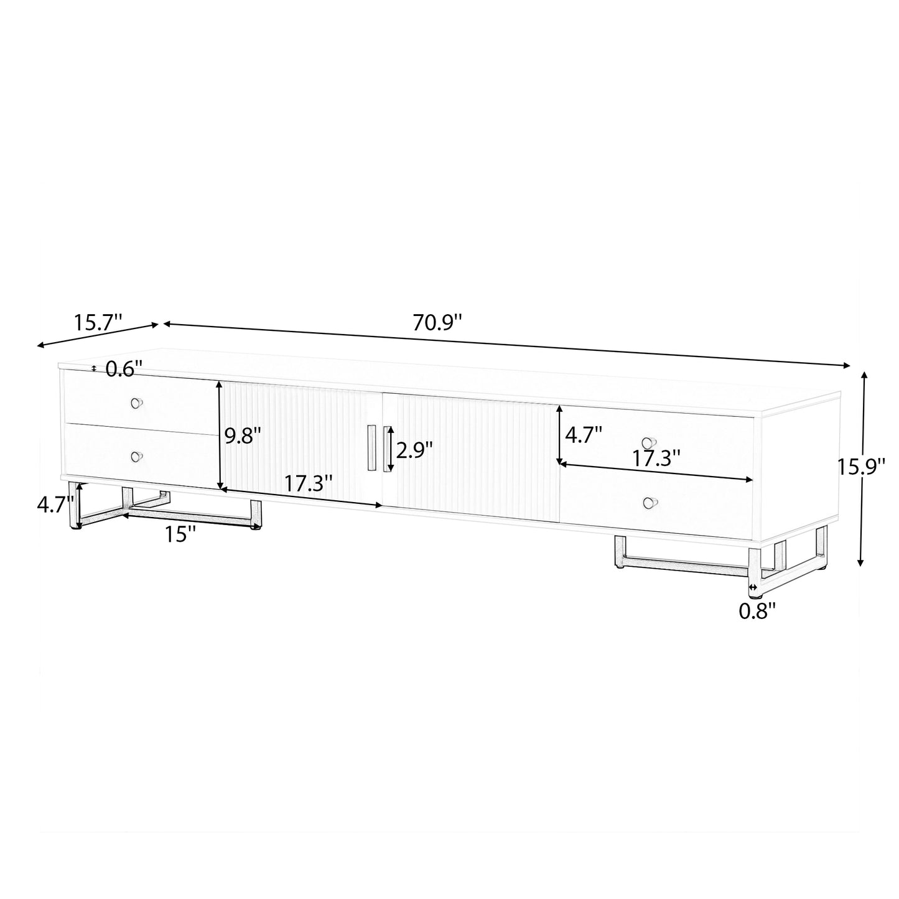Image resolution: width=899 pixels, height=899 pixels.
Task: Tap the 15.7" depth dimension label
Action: pos(98,322)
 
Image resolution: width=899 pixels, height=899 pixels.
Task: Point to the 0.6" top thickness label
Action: pos(124,369)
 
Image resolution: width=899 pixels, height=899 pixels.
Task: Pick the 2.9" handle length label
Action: pos(414,449)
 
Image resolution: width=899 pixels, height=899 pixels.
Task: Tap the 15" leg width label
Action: pos(181,534)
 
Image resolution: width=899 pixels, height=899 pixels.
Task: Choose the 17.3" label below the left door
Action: pos(308,483)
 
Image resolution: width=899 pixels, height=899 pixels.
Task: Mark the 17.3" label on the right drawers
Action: pos(656,459)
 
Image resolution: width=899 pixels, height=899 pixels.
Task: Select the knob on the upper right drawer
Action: pos(649,443)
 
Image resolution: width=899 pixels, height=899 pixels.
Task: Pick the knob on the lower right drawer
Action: pos(649,503)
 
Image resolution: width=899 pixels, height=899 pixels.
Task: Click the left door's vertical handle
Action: pos(371,449)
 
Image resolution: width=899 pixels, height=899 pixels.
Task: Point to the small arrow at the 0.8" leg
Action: pos(753,587)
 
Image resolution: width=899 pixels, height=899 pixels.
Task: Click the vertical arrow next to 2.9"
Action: pos(391,449)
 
